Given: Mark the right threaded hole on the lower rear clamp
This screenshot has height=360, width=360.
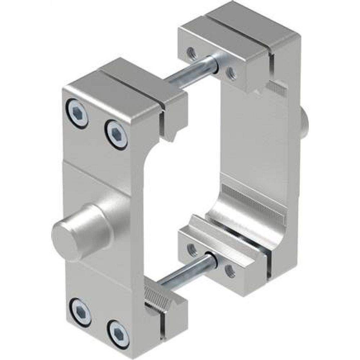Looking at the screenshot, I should tap(229, 269).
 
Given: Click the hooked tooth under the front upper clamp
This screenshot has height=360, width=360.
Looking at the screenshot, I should tap(173, 135).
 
